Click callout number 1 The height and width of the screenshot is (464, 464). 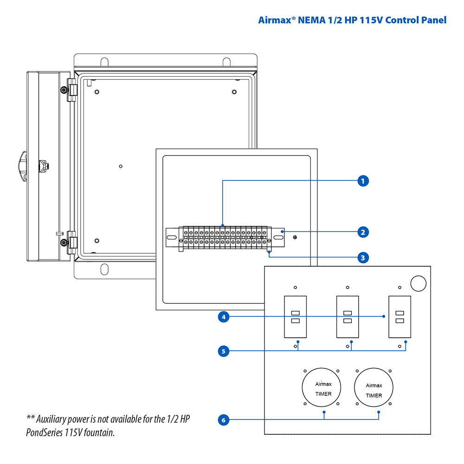click(x=363, y=180)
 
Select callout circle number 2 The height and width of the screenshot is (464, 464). click(x=363, y=232)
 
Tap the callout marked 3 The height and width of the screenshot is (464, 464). click(x=363, y=257)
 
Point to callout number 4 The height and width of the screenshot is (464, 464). click(x=224, y=317)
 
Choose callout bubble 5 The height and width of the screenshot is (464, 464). click(x=224, y=351)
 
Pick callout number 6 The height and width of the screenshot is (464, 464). click(x=224, y=420)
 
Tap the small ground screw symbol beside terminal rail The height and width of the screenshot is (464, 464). click(x=295, y=238)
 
